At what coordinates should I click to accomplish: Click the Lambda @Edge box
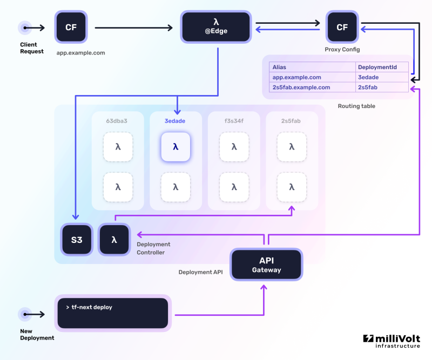[x=216, y=26]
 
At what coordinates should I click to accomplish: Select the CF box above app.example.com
[x=71, y=27]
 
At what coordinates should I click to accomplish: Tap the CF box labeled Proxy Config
[x=342, y=27]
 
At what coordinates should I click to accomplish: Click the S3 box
[x=77, y=240]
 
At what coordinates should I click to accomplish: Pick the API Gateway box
[x=266, y=264]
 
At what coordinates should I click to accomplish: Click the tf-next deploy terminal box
[x=113, y=313]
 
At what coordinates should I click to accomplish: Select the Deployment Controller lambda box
[x=114, y=240]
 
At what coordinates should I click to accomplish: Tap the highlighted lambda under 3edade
[x=175, y=146]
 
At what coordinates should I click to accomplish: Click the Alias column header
[x=280, y=67]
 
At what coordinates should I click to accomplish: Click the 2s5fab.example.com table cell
[x=301, y=87]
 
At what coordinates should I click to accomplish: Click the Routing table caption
[x=356, y=106]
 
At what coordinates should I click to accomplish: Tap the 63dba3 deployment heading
[x=117, y=121]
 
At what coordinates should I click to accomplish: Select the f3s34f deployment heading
[x=233, y=121]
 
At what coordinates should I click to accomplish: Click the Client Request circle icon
[x=25, y=27]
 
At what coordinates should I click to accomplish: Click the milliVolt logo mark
[x=368, y=339]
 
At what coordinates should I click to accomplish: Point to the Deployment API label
[x=200, y=272]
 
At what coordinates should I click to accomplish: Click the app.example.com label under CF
[x=80, y=53]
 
